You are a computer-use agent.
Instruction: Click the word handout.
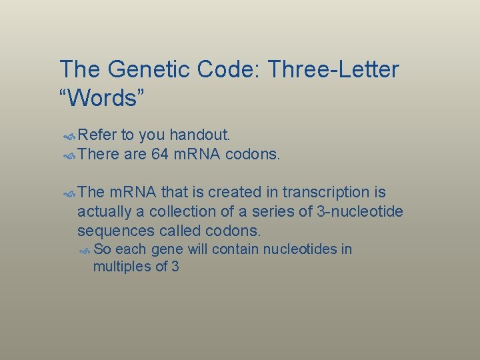[201, 135]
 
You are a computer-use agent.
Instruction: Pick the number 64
[161, 155]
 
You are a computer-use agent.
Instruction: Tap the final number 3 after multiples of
[175, 267]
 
